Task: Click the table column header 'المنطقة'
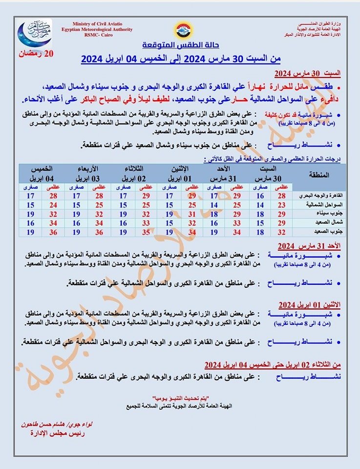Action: (319, 174)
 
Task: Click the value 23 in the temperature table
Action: (281, 205)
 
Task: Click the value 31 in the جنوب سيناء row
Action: (192, 214)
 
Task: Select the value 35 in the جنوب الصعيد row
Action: (145, 232)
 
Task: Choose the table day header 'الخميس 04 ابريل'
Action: (42, 172)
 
